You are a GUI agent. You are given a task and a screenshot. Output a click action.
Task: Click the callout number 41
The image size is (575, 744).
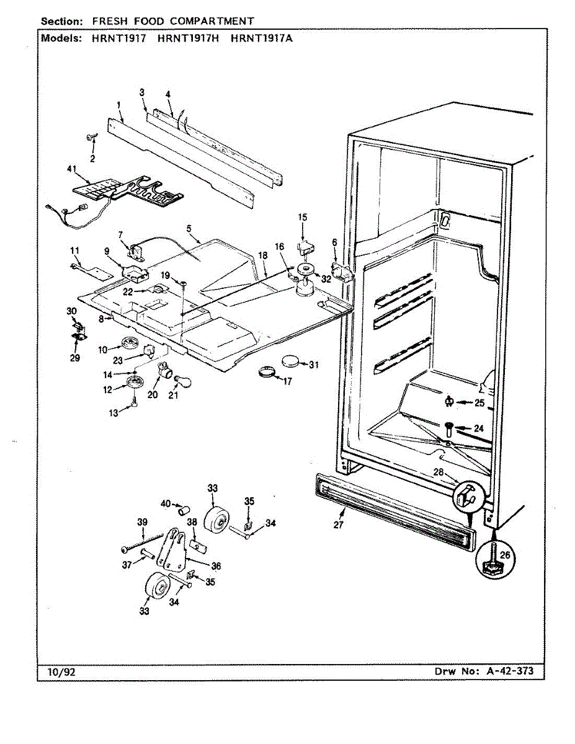click(73, 169)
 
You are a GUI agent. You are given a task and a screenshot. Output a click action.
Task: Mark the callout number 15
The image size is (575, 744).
click(303, 218)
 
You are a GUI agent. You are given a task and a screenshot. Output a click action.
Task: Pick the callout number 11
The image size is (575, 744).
click(75, 250)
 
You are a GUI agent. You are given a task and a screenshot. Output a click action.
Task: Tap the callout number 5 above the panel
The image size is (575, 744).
click(188, 228)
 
